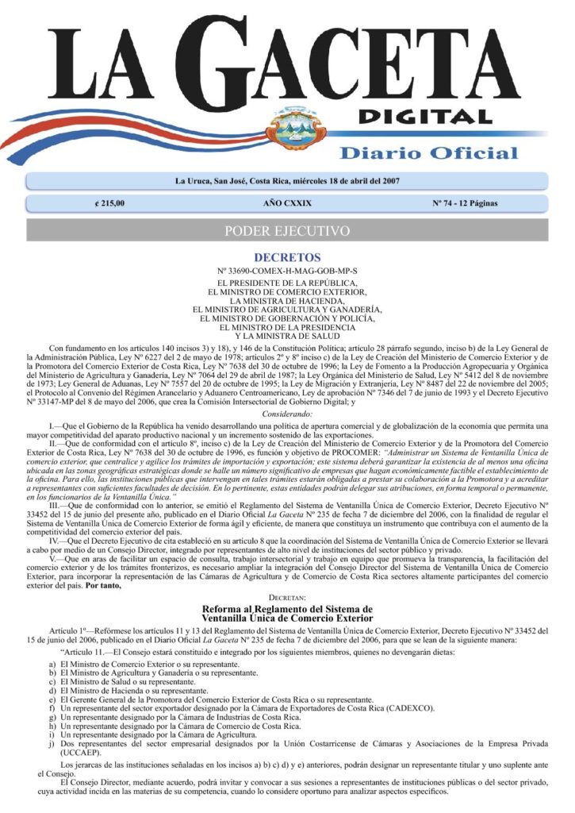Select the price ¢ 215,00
click(x=109, y=204)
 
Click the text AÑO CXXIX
click(x=287, y=204)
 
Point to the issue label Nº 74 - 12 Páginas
click(x=465, y=204)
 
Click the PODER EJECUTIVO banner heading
click(x=287, y=231)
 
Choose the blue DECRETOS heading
click(x=287, y=258)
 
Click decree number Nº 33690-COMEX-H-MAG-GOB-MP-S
click(x=287, y=272)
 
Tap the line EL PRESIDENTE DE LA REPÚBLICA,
click(x=287, y=283)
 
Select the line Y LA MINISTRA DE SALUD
click(x=287, y=336)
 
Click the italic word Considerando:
click(x=287, y=414)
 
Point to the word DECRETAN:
click(x=287, y=595)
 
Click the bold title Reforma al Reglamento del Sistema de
click(x=287, y=608)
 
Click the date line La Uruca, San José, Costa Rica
click(x=287, y=181)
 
